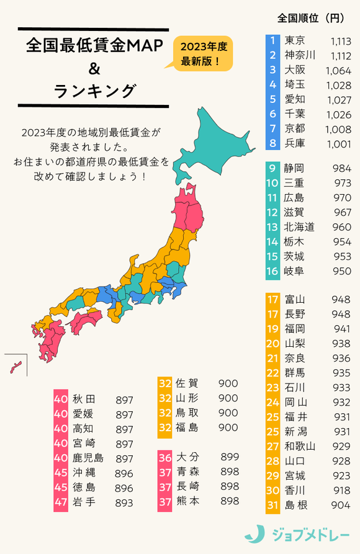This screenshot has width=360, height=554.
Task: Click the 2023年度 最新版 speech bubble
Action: coord(202,54)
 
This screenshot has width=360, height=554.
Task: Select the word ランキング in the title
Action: coord(94,91)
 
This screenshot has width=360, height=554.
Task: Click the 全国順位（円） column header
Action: coord(307,19)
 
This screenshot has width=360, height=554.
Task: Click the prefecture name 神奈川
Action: coord(299,56)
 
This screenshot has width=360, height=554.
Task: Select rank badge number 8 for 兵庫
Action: coord(272,143)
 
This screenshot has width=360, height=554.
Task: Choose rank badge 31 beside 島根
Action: coord(272,505)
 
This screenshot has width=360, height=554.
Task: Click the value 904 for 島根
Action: coord(341,505)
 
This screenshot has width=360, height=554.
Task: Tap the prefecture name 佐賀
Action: coord(187,383)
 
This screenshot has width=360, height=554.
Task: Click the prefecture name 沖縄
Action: coord(84,473)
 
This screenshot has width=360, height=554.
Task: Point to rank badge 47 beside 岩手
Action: coord(61,503)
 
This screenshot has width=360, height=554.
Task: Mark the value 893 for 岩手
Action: coord(124,503)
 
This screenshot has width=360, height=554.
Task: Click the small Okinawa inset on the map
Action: coord(15,366)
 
